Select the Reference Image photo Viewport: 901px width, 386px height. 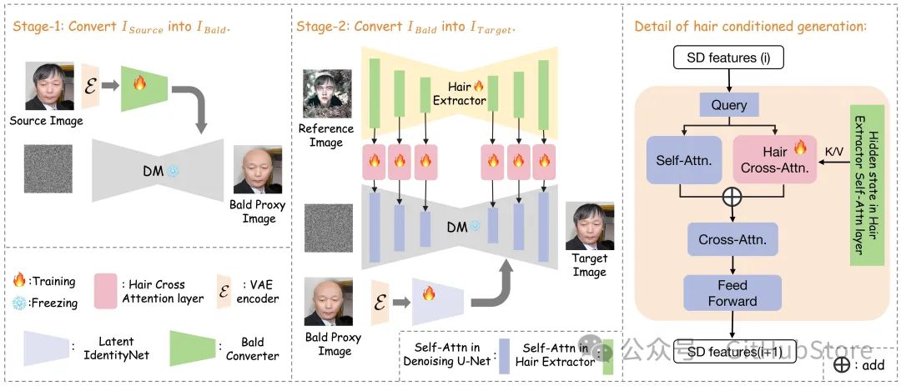pos(326,94)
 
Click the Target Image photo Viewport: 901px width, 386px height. pos(589,226)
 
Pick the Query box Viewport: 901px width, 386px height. pos(729,105)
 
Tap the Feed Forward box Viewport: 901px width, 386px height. pos(733,293)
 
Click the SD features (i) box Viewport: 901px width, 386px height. pos(730,58)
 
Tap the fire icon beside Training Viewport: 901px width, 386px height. pos(20,281)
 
